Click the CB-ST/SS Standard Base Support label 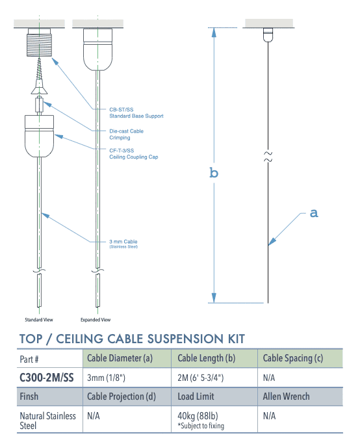[136, 113]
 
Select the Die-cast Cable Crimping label [126, 135]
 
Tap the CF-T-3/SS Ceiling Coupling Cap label [133, 154]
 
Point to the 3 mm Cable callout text [123, 244]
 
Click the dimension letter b [213, 172]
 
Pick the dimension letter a [314, 213]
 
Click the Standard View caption [39, 320]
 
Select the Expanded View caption [96, 320]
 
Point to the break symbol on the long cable [268, 156]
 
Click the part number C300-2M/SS [46, 377]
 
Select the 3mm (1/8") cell [106, 377]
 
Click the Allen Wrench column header [287, 396]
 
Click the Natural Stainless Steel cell [47, 420]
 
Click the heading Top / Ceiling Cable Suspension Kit [132, 339]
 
